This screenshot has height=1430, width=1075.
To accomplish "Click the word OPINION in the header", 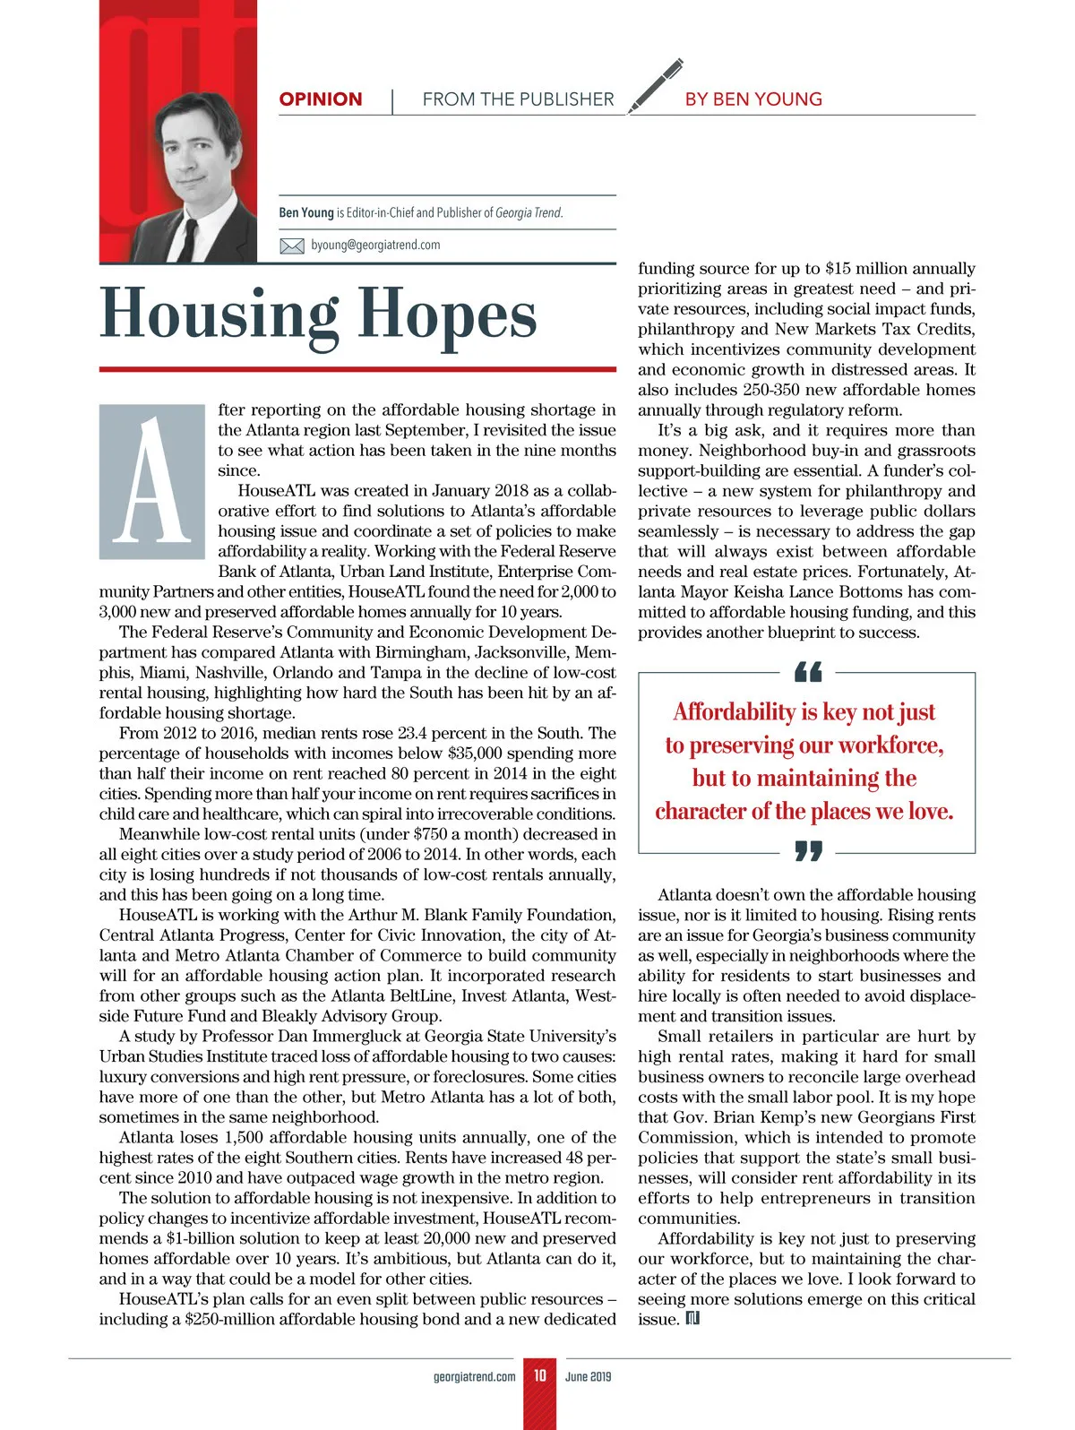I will coord(321,99).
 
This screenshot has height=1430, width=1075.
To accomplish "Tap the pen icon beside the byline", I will coord(655,86).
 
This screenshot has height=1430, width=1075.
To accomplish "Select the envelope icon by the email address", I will coord(292,246).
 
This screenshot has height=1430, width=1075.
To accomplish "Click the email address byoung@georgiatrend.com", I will coord(375,245).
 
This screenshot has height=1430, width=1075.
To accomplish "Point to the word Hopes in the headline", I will coord(448,315).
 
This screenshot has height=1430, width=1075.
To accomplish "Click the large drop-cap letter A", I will coord(152,482).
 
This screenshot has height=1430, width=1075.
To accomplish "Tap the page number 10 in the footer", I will coord(539,1375).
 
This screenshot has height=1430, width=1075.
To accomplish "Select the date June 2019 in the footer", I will coord(588,1376).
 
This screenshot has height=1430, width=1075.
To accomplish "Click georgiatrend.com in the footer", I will coord(474,1376).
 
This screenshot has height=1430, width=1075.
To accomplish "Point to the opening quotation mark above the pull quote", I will coord(807,671).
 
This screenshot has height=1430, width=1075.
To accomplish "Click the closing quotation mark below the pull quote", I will coord(807,850).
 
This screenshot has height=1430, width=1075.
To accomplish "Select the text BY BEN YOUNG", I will coord(753,99).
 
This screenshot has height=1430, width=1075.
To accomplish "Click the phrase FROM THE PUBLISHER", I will coord(518,99).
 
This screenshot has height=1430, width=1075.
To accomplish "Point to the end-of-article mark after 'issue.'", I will coord(692,1318).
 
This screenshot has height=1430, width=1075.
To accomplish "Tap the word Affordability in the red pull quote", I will coord(734,711).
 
